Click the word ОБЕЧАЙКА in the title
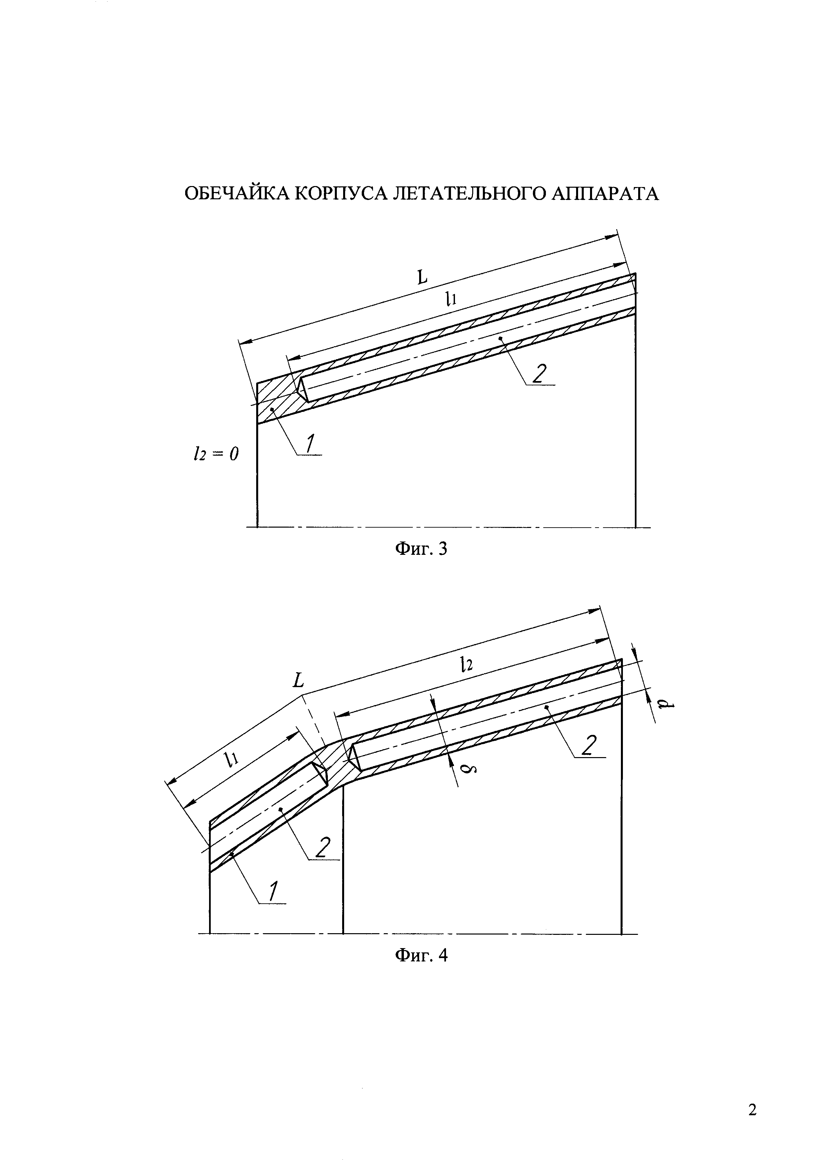(x=237, y=194)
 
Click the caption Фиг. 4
(x=420, y=955)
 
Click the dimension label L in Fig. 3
(x=422, y=277)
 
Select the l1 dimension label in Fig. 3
(x=451, y=300)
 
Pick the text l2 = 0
(x=215, y=454)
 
